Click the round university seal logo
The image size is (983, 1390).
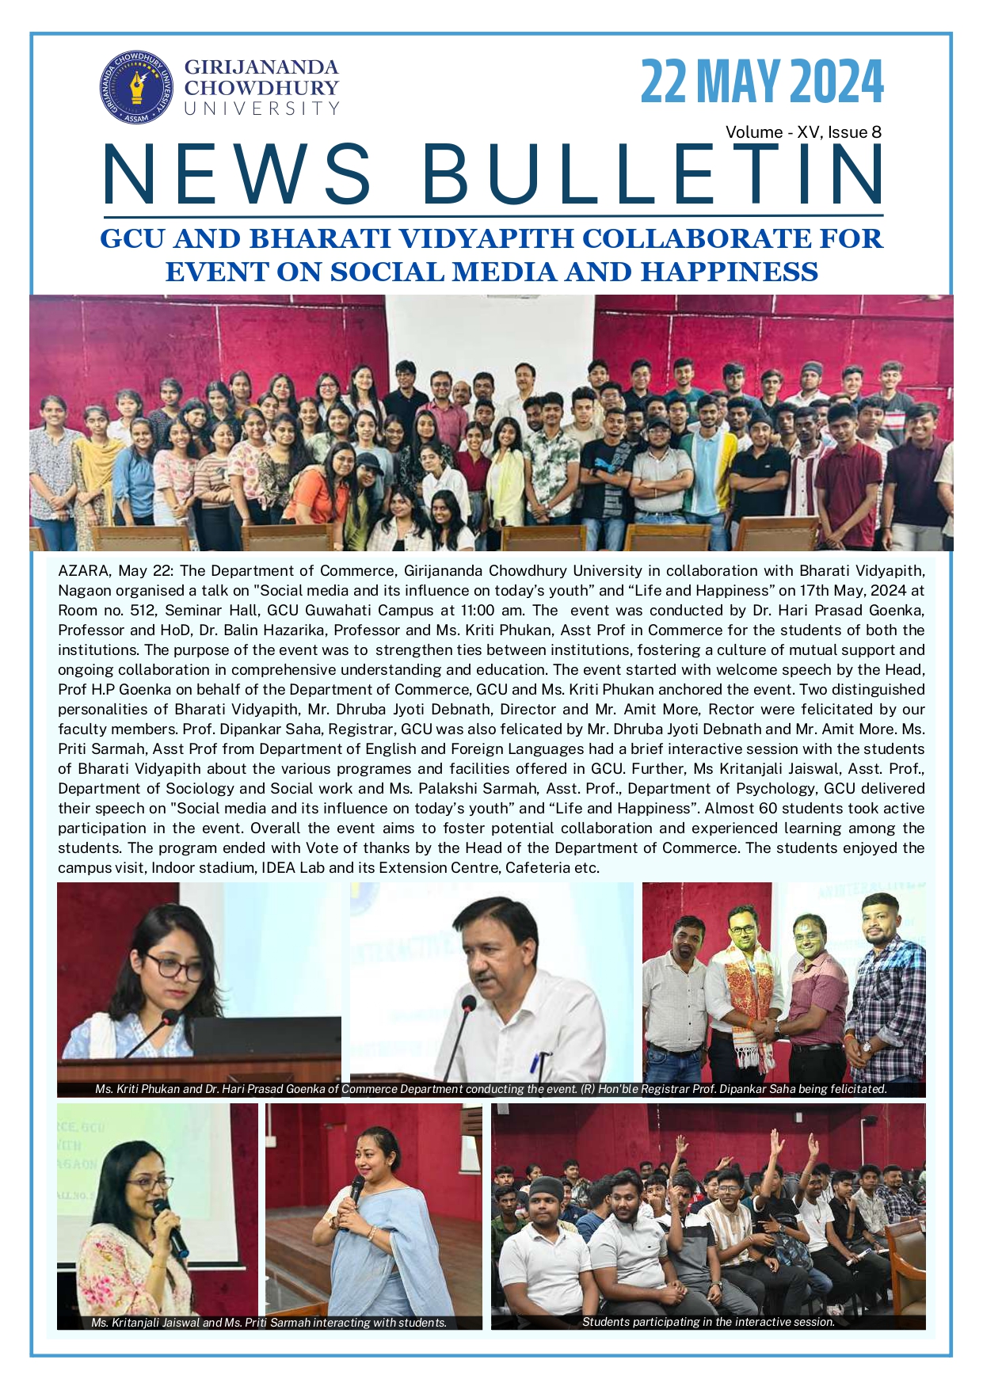coord(136,87)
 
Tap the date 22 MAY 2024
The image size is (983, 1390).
coord(761,82)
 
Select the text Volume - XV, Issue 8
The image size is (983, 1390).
coord(802,132)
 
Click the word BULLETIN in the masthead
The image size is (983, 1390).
coord(653,174)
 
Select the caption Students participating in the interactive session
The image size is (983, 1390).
coord(708,1321)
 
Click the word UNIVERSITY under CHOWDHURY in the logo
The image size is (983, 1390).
coord(261,109)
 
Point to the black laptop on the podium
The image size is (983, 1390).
coord(265,1037)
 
